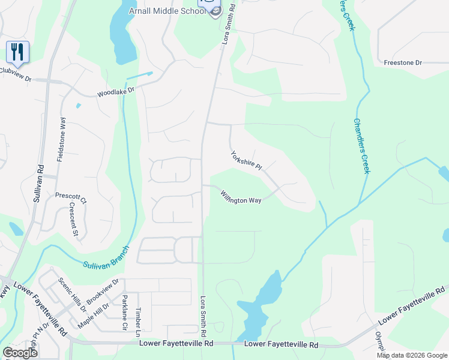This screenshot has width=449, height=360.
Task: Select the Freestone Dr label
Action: point(403,62)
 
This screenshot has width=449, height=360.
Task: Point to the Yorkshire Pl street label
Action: point(246,160)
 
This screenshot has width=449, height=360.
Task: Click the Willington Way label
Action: point(240,197)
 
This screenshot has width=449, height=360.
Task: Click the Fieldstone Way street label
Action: point(61,139)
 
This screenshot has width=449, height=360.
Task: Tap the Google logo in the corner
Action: point(20,352)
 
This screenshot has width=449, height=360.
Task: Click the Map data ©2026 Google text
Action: point(412,355)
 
